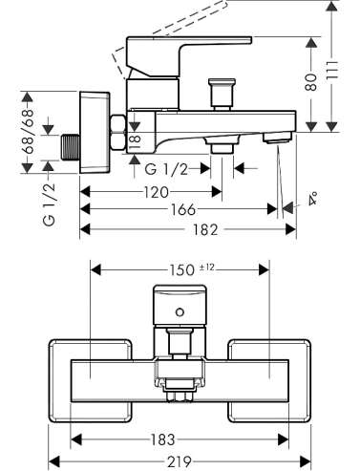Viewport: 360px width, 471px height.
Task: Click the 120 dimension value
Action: (156, 192)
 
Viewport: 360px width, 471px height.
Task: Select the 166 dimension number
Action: (183, 209)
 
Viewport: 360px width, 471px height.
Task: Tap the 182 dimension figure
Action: (205, 229)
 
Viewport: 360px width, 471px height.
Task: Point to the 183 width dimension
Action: (162, 439)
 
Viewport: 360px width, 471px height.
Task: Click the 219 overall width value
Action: (180, 461)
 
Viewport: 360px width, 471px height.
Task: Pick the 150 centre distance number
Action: (181, 270)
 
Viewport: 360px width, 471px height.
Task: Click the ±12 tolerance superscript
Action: (206, 268)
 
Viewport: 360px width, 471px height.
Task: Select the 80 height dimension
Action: (311, 82)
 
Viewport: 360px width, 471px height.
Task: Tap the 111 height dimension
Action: (332, 72)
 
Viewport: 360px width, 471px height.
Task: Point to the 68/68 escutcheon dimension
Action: (29, 132)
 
